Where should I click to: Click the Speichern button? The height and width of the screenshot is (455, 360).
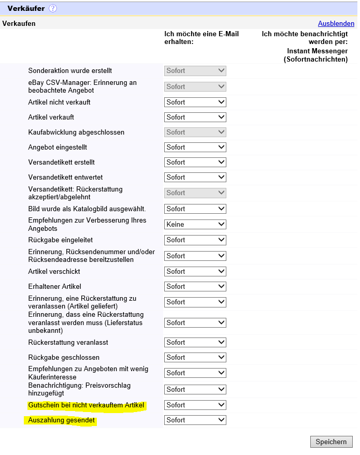click(x=331, y=442)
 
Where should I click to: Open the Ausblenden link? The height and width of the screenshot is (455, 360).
click(x=336, y=24)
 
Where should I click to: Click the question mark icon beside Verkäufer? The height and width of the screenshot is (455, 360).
click(x=53, y=8)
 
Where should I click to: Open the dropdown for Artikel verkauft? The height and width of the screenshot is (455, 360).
click(x=195, y=118)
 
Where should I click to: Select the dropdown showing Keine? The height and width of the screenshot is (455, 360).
click(x=195, y=225)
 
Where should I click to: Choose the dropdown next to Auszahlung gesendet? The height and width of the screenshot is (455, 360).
click(x=195, y=420)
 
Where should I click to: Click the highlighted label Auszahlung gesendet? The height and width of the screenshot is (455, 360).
click(x=62, y=420)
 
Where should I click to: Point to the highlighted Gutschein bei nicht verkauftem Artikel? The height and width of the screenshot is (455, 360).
click(x=86, y=405)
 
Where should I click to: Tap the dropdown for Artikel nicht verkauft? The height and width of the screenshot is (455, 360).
click(x=195, y=102)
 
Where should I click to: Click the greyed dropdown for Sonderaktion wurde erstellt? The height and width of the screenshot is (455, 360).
click(x=195, y=71)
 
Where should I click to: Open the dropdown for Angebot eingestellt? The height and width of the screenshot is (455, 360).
click(x=195, y=148)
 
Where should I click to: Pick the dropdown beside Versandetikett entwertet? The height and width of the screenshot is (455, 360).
click(x=195, y=178)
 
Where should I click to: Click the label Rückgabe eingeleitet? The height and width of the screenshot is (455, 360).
click(x=61, y=240)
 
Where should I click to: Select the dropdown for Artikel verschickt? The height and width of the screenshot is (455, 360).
click(x=195, y=272)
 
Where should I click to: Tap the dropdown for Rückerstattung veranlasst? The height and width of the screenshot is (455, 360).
click(x=195, y=343)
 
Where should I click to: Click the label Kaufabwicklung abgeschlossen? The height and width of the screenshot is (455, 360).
click(x=76, y=133)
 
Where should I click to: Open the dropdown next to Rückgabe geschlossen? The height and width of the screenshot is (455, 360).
click(x=195, y=358)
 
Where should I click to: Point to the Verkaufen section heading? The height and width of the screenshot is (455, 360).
click(x=19, y=24)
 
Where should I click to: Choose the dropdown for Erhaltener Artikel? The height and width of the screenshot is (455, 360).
click(x=195, y=287)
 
